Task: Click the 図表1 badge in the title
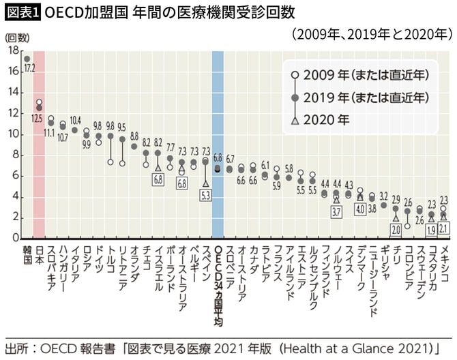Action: tap(21, 12)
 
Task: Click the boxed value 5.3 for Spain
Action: tap(205, 195)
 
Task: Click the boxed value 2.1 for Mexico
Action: tap(443, 228)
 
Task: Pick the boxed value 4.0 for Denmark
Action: tap(360, 209)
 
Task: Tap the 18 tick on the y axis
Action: tap(14, 50)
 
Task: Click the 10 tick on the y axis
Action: tap(14, 134)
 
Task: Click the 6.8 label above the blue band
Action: tap(218, 157)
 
